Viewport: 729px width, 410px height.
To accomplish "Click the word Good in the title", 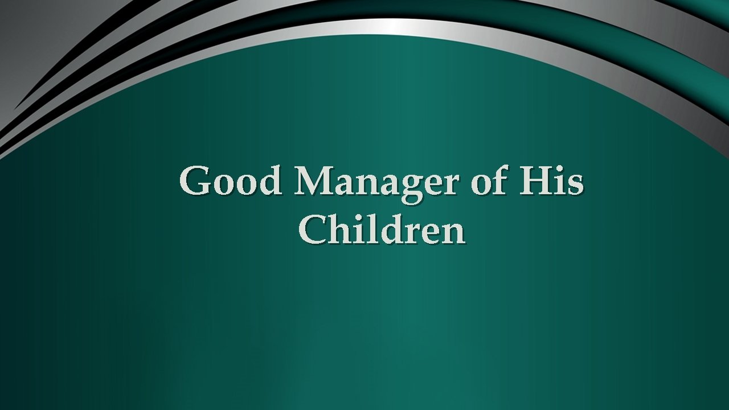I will coord(230,181).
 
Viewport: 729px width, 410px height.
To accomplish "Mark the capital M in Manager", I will coord(315,181).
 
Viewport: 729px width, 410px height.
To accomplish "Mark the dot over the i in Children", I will coord(354,217).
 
